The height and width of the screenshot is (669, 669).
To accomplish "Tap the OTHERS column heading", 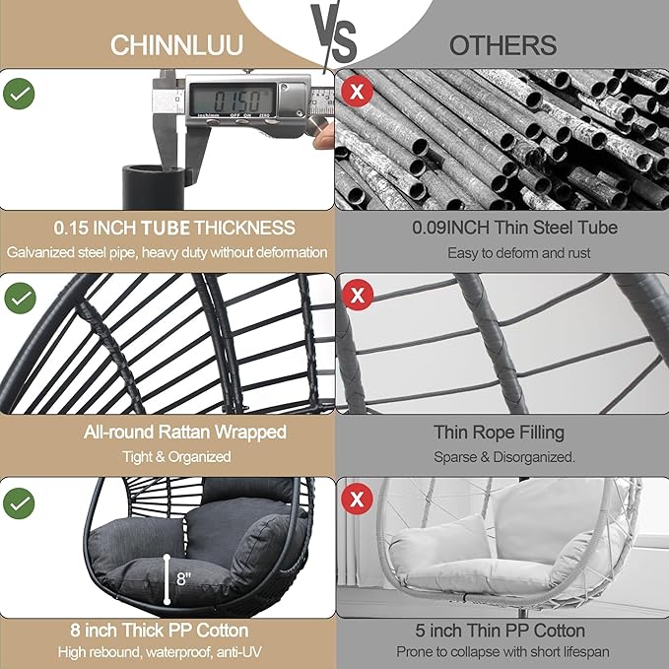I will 502,45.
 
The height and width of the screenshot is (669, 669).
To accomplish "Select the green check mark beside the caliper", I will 20,95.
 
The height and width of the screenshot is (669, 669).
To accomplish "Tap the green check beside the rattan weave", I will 20,298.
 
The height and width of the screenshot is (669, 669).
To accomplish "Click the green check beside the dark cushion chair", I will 20,504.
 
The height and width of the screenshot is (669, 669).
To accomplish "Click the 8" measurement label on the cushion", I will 183,577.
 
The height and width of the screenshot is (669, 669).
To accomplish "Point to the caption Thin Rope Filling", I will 500,433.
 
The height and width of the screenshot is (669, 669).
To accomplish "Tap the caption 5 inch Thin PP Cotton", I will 502,631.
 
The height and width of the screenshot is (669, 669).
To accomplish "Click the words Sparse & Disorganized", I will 503,457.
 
